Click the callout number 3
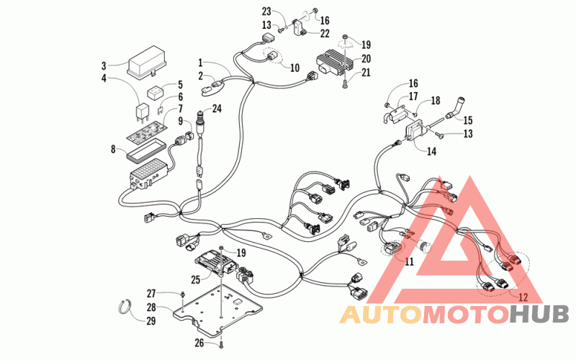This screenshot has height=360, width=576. pos(104,66)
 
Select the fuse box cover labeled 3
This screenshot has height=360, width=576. pos(146,62)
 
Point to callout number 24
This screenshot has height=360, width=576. pos(217,109)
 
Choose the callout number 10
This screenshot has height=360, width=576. pos(294,68)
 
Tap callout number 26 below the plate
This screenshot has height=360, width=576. pos(199,343)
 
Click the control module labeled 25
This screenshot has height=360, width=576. pos(215,262)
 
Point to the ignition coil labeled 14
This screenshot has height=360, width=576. pos(415,133)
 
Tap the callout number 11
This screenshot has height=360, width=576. pos(409,261)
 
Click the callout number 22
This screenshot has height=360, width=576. pos(325,33)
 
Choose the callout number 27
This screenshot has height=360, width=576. pos(151,294)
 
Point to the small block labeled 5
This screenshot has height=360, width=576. pos(156,92)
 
